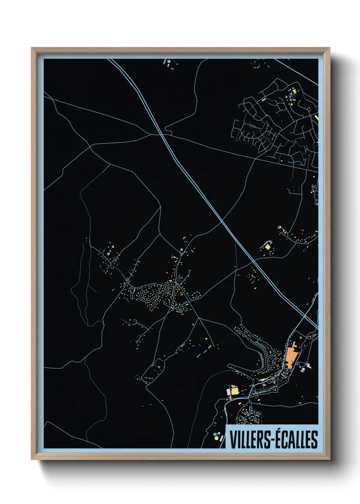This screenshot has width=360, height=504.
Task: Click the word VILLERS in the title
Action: (x=250, y=439)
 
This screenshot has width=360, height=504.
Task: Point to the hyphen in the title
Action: (x=272, y=440)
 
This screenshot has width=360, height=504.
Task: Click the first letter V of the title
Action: (x=233, y=440)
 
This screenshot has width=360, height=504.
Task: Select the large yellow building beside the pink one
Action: (x=234, y=391)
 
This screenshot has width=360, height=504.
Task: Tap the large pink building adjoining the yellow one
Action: (x=229, y=392)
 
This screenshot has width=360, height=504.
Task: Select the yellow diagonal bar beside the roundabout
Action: (x=316, y=117)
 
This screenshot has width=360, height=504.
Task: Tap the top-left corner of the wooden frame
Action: (x=32, y=48)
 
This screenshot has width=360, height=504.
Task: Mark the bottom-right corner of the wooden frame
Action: (x=329, y=459)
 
